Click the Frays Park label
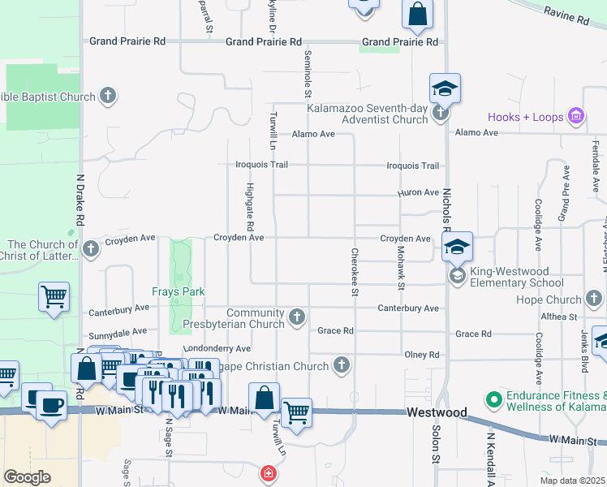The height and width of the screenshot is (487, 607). [178, 291]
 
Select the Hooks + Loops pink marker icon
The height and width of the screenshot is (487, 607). [577, 117]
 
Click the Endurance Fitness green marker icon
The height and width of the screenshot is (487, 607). [492, 401]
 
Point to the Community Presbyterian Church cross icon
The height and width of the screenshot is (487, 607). [298, 317]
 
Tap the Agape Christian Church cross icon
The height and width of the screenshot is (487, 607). [342, 366]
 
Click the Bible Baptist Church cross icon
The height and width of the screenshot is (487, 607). [107, 97]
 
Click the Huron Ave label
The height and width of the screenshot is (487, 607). [418, 192]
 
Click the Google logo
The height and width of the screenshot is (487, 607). [28, 477]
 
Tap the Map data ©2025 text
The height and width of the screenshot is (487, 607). [572, 481]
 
